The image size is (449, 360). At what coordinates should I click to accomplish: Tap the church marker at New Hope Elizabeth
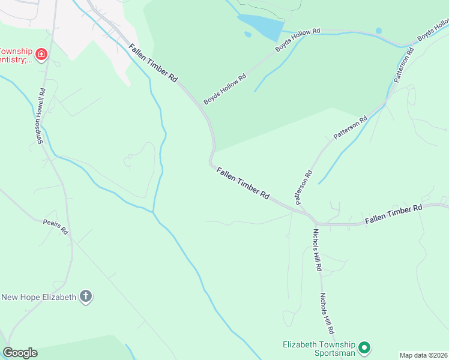(x=86, y=296)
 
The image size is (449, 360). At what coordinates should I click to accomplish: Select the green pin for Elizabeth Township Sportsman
(x=364, y=347)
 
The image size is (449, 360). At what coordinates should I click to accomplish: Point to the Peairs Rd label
(x=56, y=227)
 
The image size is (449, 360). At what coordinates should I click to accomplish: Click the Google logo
(x=20, y=353)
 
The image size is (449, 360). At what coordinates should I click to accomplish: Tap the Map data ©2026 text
(x=423, y=355)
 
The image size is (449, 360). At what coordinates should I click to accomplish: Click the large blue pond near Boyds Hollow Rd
(x=262, y=27)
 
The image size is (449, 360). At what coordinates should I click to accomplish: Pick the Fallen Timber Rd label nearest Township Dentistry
(x=152, y=62)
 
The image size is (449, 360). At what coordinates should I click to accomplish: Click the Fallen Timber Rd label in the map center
(x=243, y=183)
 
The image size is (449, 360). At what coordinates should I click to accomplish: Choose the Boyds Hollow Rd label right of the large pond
(x=298, y=39)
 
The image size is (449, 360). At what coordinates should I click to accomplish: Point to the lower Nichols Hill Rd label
(x=327, y=313)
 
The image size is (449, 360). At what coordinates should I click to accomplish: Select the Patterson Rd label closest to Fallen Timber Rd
(x=304, y=186)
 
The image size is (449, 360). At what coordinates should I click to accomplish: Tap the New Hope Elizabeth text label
(x=39, y=297)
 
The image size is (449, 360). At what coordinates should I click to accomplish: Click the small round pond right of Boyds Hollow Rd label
(x=378, y=31)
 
